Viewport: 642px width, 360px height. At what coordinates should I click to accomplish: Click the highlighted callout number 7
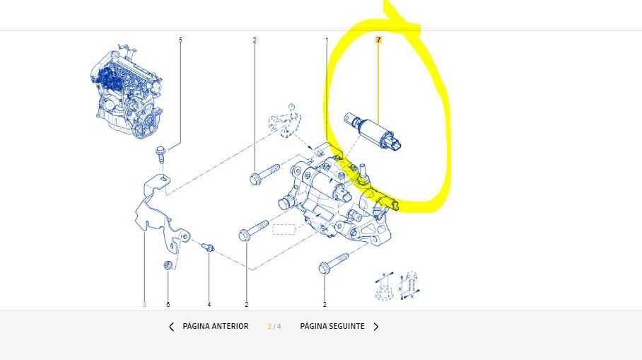[x=378, y=40]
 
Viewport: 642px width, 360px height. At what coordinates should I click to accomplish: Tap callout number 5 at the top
[x=180, y=40]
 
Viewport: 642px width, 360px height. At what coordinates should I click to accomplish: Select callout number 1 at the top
[x=327, y=40]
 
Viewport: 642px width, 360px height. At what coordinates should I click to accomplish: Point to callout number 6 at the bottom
[x=168, y=304]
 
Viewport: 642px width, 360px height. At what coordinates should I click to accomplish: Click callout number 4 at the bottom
[x=209, y=304]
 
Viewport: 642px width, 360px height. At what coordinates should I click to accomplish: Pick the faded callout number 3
[x=144, y=304]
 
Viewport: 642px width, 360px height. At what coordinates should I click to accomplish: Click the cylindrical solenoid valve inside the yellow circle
[x=373, y=131]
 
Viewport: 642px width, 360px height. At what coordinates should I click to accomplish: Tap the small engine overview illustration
[x=127, y=91]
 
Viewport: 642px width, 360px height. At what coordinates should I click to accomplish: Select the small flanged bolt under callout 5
[x=160, y=154]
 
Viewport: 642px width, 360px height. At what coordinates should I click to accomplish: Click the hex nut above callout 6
[x=168, y=265]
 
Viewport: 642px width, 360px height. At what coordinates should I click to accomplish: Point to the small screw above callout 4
[x=208, y=247]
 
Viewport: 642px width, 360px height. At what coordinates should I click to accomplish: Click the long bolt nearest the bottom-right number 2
[x=333, y=264]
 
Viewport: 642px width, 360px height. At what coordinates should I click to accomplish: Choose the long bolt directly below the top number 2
[x=264, y=174]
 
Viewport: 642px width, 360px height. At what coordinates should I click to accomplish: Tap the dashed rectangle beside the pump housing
[x=284, y=229]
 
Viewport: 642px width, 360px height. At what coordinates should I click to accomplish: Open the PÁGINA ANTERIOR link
[x=216, y=327]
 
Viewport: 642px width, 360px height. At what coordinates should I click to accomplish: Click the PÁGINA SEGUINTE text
[x=332, y=327]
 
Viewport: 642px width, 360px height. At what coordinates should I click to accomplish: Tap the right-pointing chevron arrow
[x=376, y=327]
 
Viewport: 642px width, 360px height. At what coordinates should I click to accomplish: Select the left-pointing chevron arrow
[x=171, y=327]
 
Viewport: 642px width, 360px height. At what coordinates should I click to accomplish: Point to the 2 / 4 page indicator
[x=274, y=327]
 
